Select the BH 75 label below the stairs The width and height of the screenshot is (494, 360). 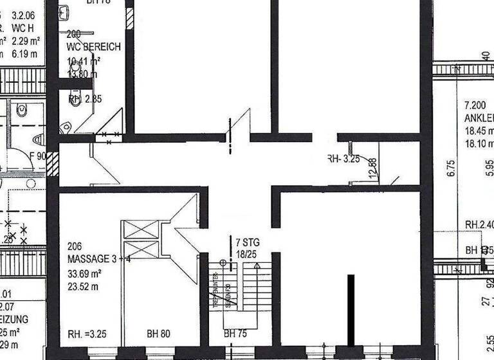pos(235,334)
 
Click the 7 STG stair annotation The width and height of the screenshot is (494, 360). pos(248,243)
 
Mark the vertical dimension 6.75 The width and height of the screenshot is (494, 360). pos(451,168)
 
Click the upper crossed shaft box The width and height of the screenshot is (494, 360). pos(140,230)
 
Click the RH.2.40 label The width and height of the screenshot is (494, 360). pos(479,225)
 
